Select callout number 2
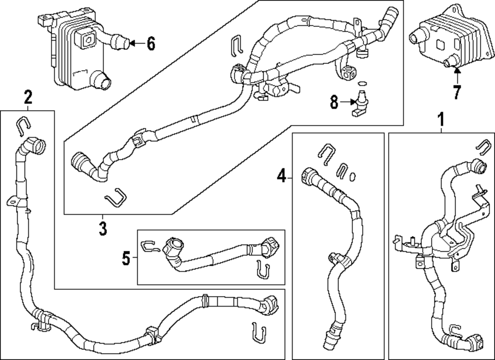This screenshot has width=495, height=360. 28,97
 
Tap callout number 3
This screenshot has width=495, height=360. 102,229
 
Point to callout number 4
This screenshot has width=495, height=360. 281,175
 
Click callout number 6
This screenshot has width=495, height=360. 150,44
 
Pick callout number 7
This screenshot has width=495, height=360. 456,91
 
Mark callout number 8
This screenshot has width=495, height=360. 335,102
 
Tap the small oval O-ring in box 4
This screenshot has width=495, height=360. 353,176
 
